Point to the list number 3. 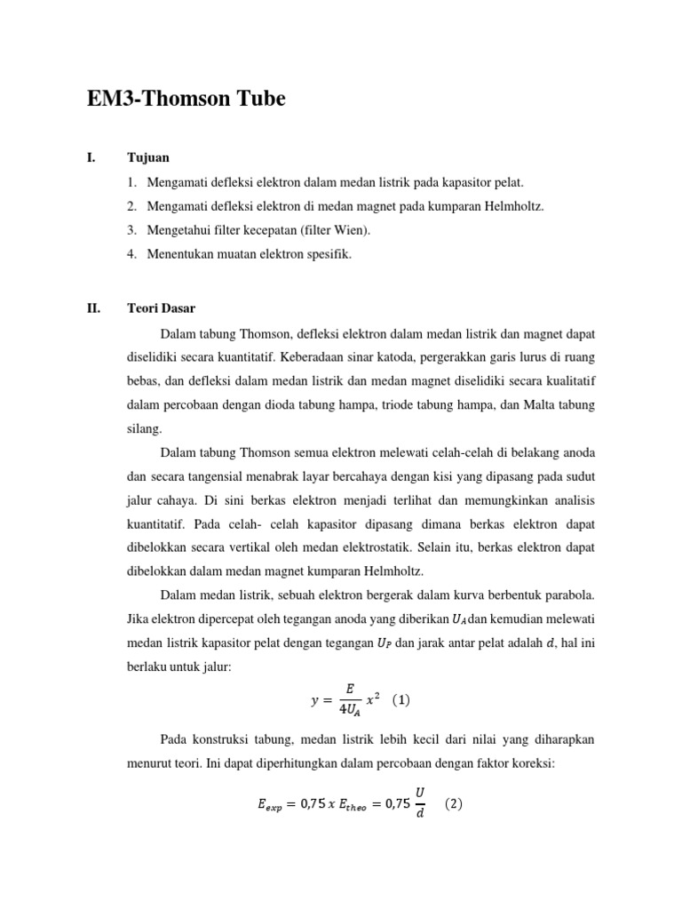tap(131, 231)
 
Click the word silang tap(144, 428)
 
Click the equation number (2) tap(453, 804)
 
